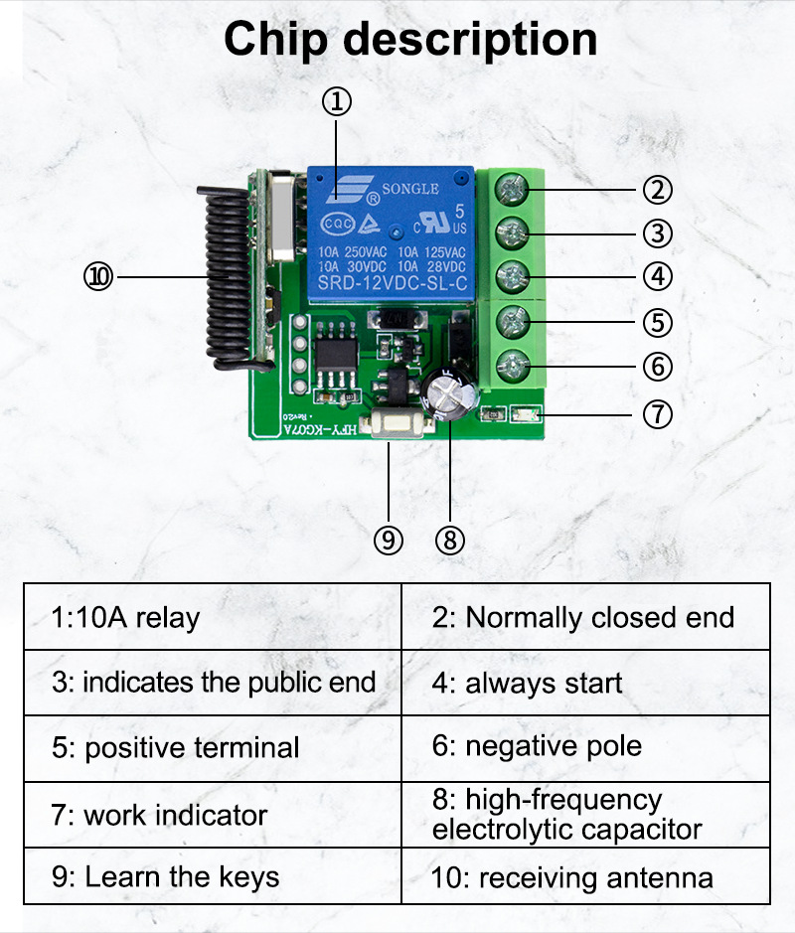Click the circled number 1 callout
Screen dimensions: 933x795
337,101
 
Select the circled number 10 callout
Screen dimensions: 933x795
99,277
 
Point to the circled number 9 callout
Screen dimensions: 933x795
389,540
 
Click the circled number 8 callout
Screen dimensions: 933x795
450,540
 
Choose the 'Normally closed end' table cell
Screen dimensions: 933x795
585,617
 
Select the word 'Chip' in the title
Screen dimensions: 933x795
276,40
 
